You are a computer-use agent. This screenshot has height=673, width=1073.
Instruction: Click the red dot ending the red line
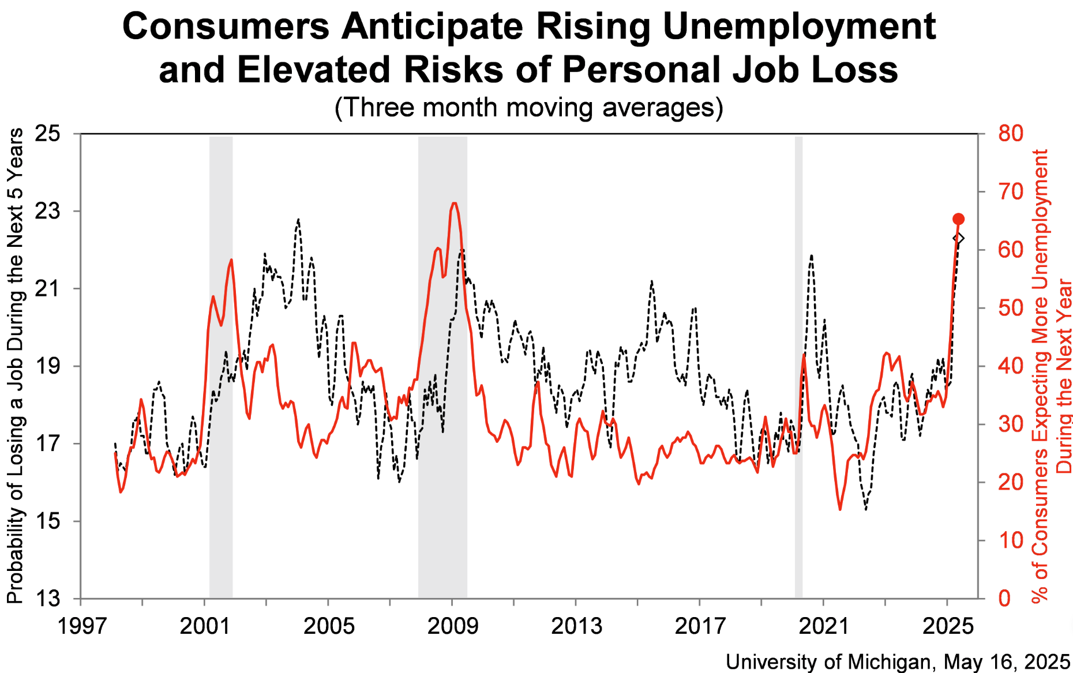tap(958, 219)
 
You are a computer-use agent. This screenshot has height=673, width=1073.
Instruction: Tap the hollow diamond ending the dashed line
tap(958, 238)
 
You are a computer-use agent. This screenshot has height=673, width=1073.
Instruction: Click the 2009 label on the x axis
tap(452, 626)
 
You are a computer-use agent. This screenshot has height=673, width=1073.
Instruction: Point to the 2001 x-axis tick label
tap(205, 626)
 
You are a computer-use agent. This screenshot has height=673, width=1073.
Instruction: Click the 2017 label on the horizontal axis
tap(700, 626)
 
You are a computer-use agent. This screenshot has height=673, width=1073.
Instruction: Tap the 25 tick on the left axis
tap(47, 134)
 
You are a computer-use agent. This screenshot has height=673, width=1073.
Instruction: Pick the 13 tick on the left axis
tap(47, 599)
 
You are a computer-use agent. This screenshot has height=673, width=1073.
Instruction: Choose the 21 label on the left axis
tap(47, 288)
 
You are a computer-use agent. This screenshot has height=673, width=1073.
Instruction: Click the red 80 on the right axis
tap(1011, 134)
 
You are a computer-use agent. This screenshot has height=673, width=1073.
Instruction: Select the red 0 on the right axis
tap(1004, 599)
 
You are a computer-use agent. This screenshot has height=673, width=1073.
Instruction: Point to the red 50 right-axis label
tap(1011, 308)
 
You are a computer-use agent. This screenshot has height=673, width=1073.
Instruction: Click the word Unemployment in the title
tap(799, 27)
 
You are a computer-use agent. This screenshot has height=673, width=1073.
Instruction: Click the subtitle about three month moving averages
tap(528, 108)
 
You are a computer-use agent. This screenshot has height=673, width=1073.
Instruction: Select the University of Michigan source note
tap(898, 661)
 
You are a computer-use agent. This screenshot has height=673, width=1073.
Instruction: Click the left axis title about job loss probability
tap(16, 366)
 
